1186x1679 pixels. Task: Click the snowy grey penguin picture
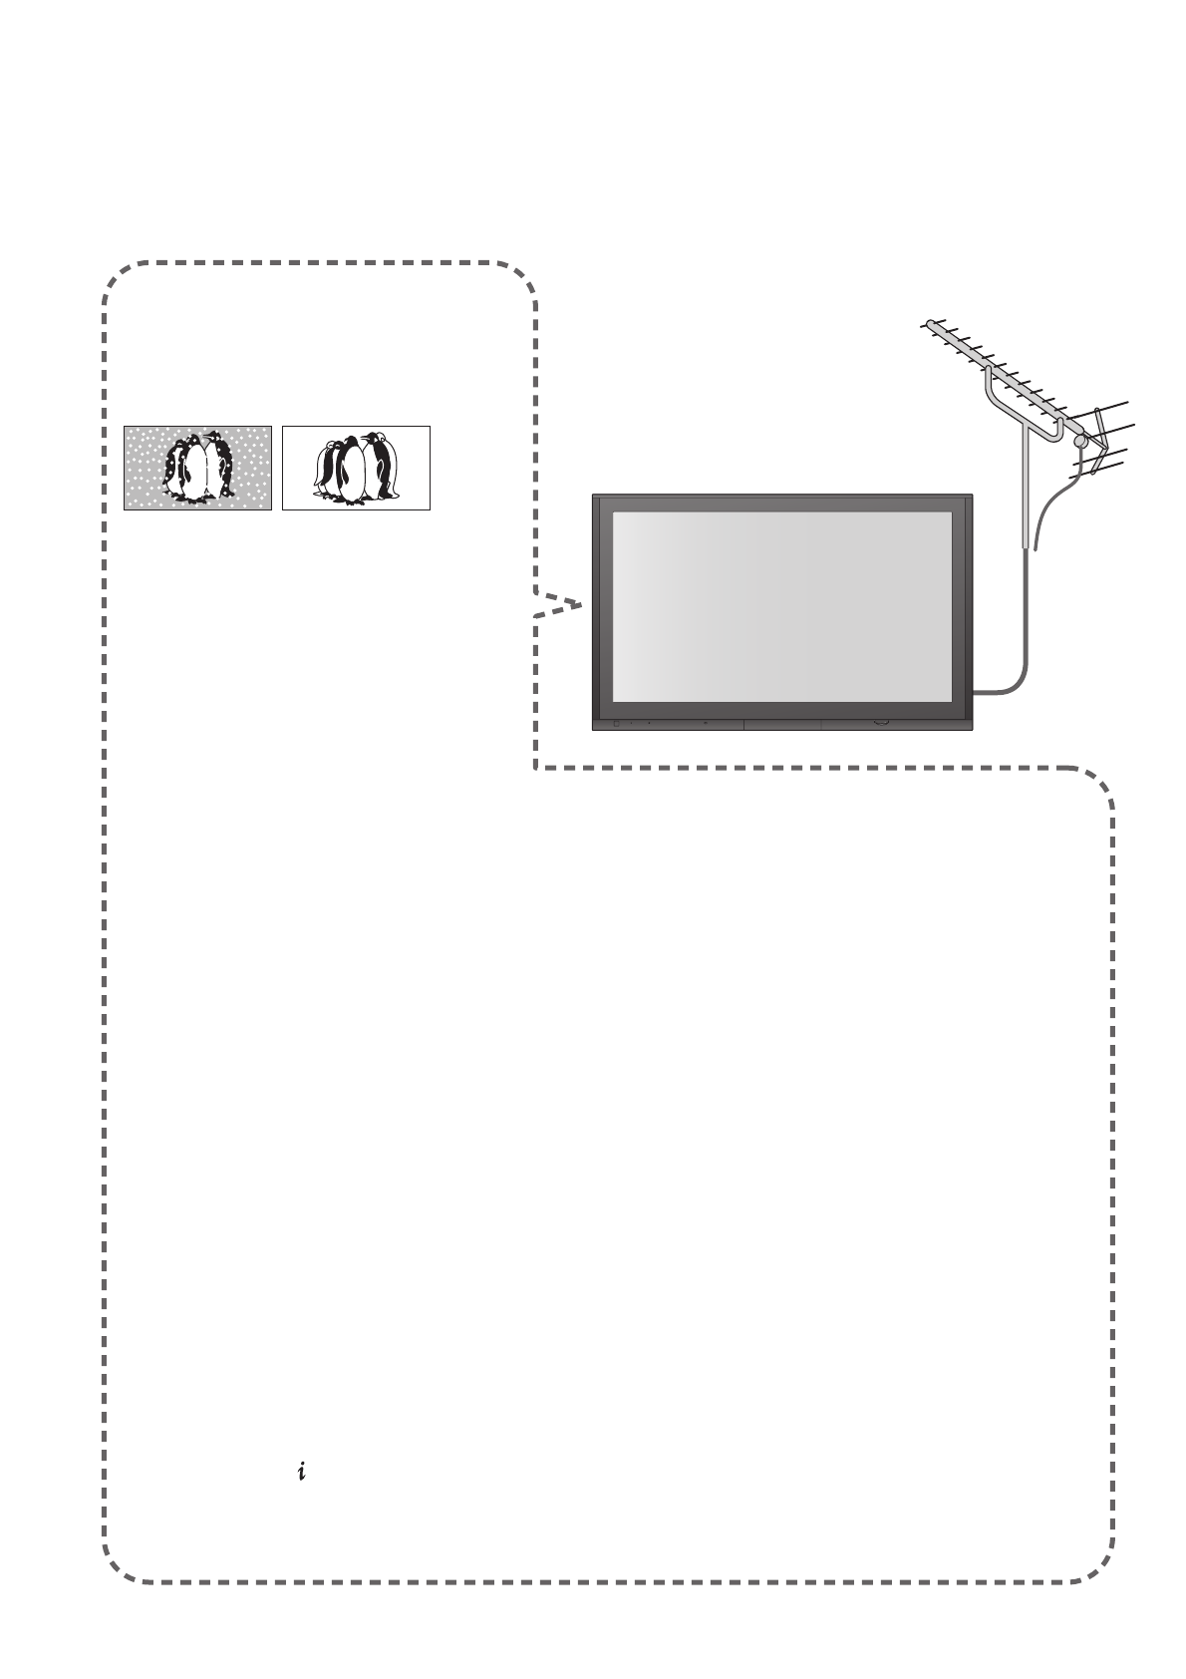[x=197, y=468]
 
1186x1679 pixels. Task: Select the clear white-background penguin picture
[x=356, y=468]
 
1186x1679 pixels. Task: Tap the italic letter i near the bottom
[x=300, y=1471]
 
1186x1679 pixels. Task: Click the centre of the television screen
[x=781, y=607]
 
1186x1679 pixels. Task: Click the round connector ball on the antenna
[x=1079, y=440]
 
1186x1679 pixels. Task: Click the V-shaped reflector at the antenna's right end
[x=1101, y=439]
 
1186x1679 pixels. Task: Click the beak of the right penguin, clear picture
[x=366, y=438]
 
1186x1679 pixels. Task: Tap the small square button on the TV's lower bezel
[x=615, y=724]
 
